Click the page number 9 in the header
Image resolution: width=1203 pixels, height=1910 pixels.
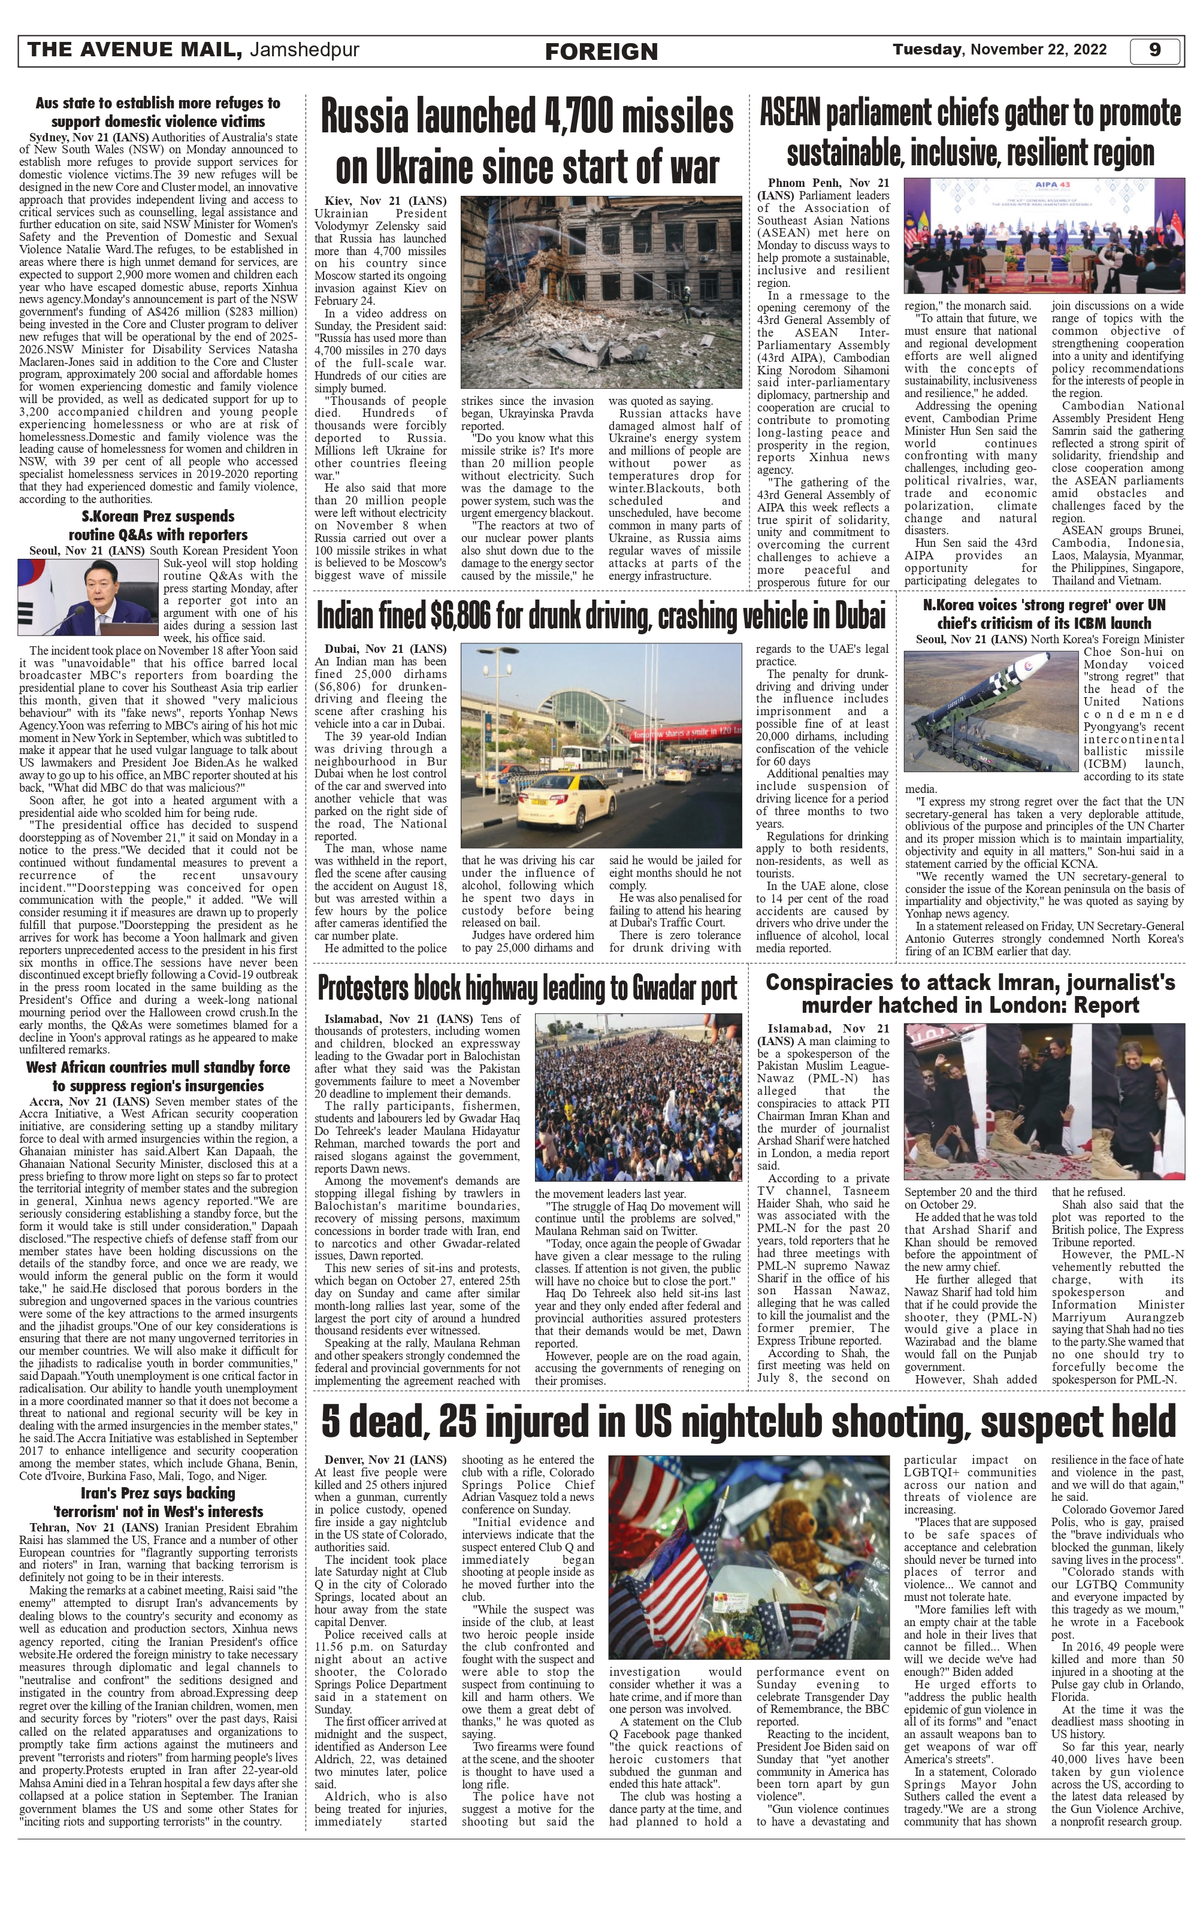(x=1154, y=50)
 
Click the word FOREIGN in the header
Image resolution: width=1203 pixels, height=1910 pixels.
(x=601, y=52)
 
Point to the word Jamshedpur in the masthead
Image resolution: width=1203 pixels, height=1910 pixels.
(x=304, y=50)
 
